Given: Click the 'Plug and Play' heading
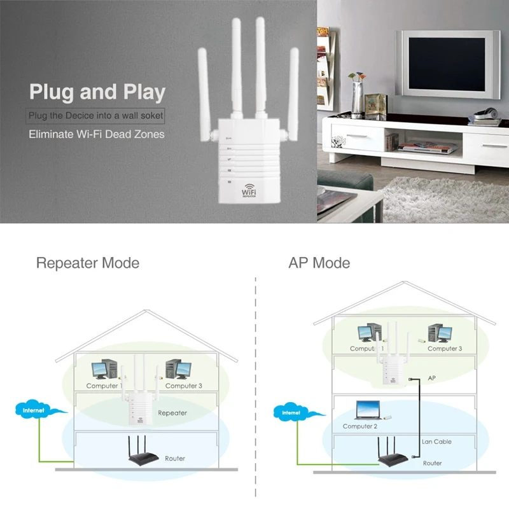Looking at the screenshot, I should [97, 92].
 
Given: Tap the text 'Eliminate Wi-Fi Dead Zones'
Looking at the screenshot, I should [97, 134].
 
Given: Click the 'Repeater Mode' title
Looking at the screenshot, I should [88, 263].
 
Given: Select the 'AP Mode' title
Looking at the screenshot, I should [319, 263].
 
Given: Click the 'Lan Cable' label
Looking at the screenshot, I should [436, 442].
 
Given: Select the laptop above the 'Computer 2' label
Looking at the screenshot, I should [367, 411].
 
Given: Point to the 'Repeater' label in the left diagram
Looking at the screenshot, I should [172, 413].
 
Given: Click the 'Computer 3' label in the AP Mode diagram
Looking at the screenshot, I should [445, 349].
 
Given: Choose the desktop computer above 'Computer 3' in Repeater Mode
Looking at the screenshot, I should [178, 370].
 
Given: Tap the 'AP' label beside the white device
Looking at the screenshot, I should [431, 378].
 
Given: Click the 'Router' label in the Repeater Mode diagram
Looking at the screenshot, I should [175, 458].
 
